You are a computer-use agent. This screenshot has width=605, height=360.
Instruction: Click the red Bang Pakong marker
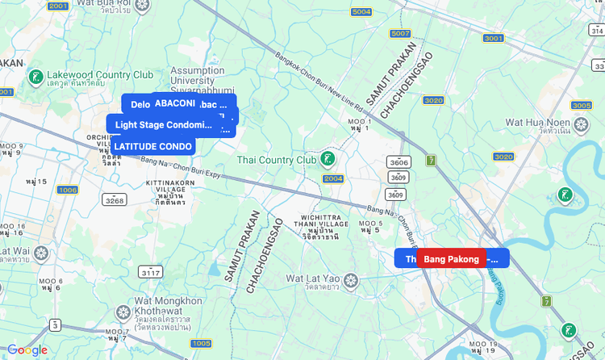point(452,258)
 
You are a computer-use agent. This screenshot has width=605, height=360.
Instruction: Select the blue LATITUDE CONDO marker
point(152,146)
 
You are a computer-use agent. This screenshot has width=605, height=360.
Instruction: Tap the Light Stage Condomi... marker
point(161,124)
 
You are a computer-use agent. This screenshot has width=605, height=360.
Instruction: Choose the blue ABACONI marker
point(174,103)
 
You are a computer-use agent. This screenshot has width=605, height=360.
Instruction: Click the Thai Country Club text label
point(277,160)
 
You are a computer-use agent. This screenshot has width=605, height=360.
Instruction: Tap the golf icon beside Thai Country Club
point(328,159)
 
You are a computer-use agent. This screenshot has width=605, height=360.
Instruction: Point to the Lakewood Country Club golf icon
point(35,77)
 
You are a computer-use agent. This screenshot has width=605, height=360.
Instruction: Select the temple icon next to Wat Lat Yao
point(349,281)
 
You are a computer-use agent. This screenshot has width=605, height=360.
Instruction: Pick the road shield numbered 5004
point(361,12)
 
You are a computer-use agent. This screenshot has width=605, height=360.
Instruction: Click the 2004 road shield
point(333,178)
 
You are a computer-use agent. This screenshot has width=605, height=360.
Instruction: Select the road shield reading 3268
point(114,199)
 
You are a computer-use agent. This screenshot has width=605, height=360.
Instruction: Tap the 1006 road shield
point(67,190)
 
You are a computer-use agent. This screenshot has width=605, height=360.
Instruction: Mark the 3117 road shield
point(150,273)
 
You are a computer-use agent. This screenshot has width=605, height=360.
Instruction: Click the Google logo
point(27,350)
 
